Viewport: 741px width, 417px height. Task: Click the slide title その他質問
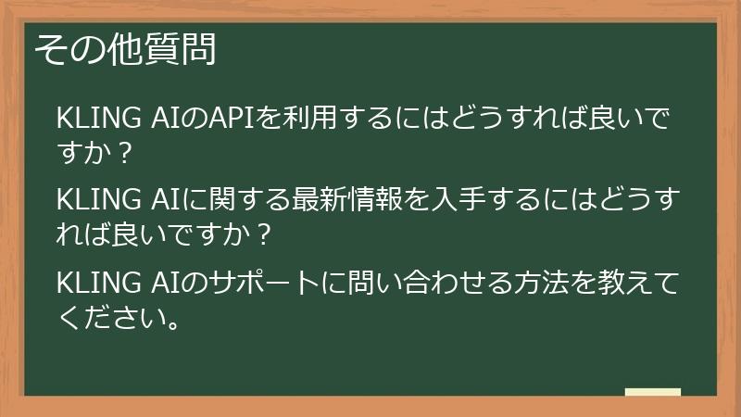(125, 49)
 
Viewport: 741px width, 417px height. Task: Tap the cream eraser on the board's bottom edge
(653, 393)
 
